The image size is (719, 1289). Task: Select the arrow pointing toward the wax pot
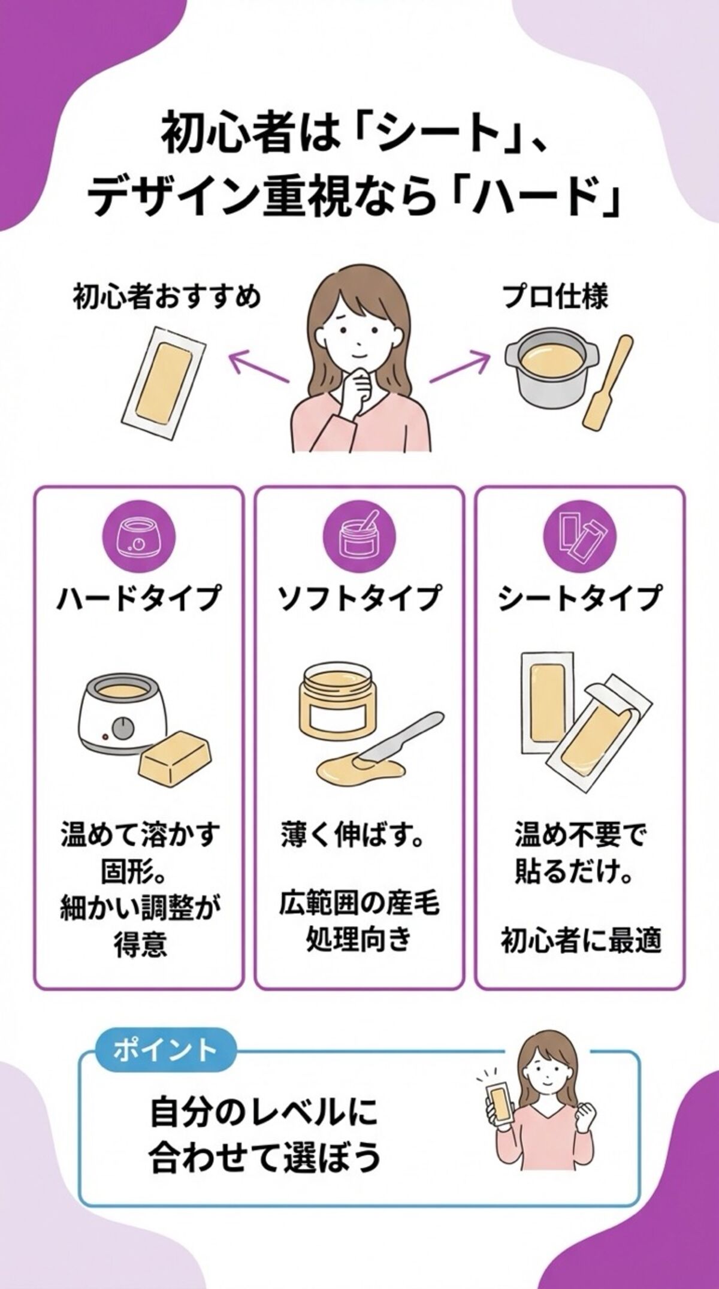[460, 368]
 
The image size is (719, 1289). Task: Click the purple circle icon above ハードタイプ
[139, 537]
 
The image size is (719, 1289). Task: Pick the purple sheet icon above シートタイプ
[579, 537]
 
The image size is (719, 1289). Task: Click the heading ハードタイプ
[139, 598]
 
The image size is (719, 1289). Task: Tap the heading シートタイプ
[579, 598]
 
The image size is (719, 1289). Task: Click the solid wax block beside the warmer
[176, 757]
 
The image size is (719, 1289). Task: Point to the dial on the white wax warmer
[124, 728]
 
